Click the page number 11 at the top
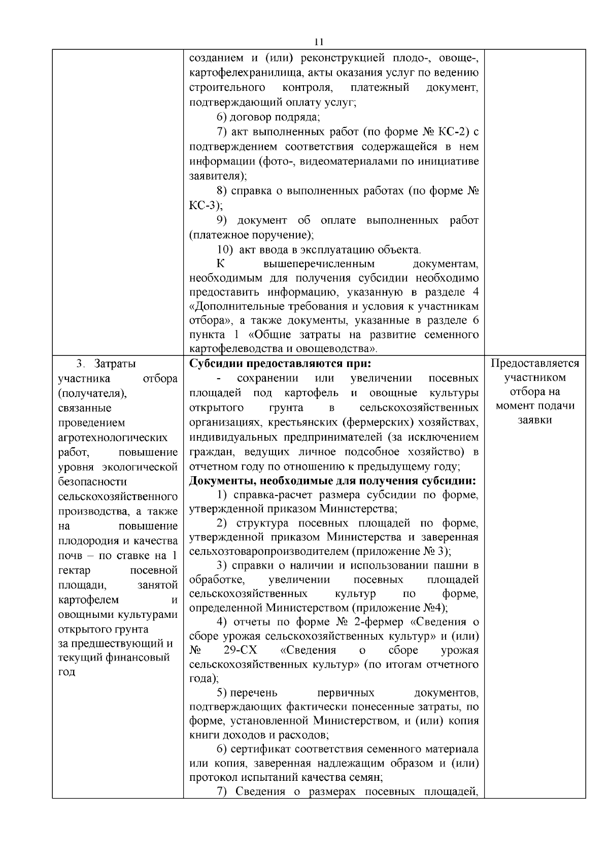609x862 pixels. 319,42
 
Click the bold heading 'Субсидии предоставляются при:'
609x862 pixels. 281,364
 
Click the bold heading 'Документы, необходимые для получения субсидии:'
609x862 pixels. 332,481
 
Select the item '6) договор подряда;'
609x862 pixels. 268,118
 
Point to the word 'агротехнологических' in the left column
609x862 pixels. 113,437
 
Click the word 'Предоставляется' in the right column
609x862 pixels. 535,364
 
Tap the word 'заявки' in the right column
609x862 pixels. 535,421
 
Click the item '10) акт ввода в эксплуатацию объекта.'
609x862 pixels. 319,250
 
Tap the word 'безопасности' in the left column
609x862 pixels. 92,481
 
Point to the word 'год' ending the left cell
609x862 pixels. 66,672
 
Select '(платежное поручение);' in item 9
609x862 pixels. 251,235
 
